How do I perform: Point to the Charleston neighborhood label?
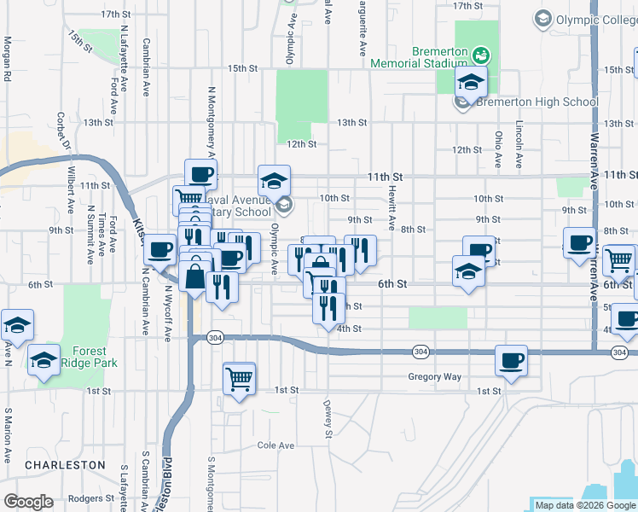(x=65, y=465)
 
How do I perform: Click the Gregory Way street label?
(x=434, y=376)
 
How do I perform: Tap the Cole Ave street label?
(x=275, y=445)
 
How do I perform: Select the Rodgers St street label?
(x=90, y=498)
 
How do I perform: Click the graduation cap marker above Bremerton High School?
(x=469, y=84)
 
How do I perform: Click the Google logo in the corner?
(x=28, y=501)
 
